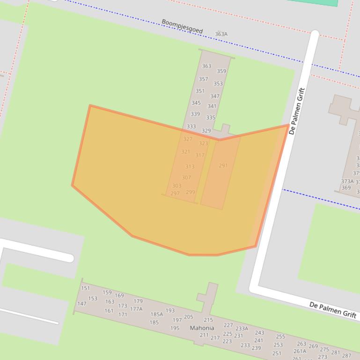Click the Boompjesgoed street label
(182, 26)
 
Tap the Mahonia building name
(202, 328)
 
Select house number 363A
(221, 34)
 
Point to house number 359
(221, 72)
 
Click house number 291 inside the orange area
(223, 166)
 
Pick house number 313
(190, 166)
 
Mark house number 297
(175, 194)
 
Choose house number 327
(188, 139)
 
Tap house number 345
(196, 103)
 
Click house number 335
(211, 118)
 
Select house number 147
(82, 304)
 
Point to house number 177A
(136, 309)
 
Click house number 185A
(156, 315)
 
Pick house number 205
(188, 317)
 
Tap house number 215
(208, 320)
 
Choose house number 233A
(242, 329)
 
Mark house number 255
(280, 337)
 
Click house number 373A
(347, 181)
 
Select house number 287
(346, 356)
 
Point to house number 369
(346, 188)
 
